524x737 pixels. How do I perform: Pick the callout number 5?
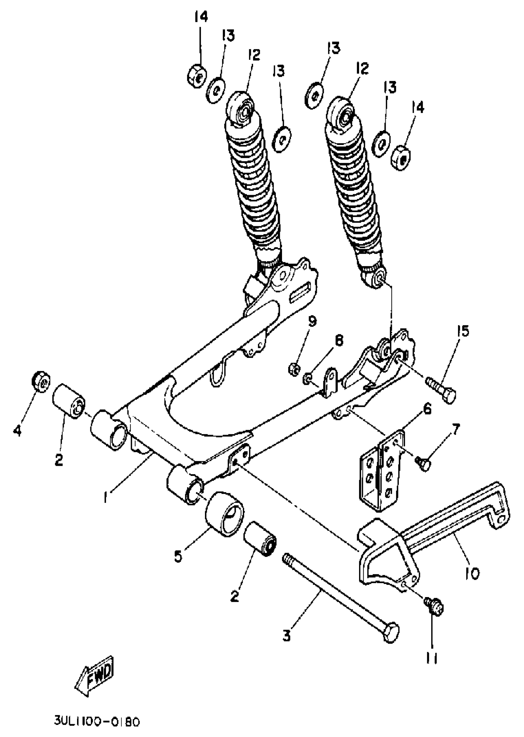178,555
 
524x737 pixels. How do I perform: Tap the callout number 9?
312,321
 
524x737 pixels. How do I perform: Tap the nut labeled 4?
41,381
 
